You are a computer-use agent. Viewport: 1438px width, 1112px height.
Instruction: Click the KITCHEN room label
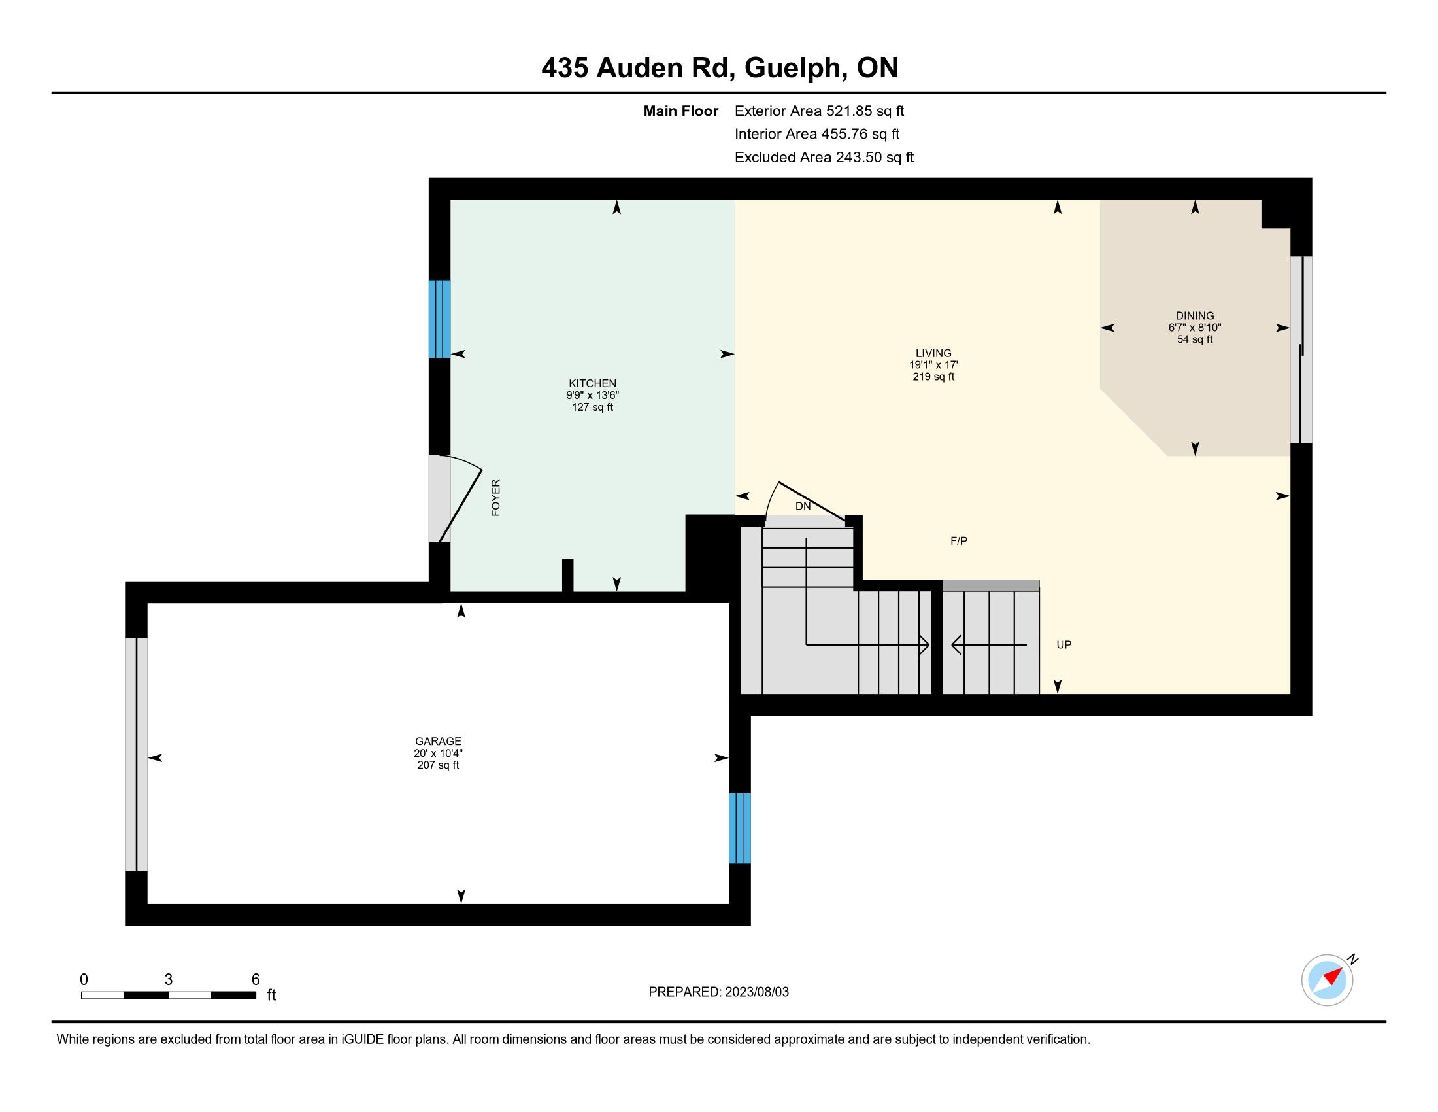[593, 383]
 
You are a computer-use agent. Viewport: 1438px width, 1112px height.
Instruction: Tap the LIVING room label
[933, 353]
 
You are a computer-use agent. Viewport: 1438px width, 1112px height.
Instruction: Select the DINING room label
[1195, 315]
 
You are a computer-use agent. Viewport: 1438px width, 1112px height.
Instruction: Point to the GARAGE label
[438, 741]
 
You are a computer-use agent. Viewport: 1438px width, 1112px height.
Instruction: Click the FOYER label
[496, 497]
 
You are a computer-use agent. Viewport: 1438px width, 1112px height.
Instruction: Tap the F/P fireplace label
[959, 541]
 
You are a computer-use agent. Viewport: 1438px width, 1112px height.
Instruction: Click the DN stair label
[803, 506]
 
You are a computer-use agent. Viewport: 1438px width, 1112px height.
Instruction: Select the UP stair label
[1064, 644]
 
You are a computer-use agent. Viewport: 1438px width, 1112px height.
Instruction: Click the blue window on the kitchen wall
[439, 319]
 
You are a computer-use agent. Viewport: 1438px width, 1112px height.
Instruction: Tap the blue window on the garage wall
[740, 828]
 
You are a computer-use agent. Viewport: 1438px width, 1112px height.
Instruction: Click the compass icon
[1328, 980]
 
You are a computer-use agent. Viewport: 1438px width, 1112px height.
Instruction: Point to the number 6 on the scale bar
[256, 979]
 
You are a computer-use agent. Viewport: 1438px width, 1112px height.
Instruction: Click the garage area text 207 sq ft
[438, 765]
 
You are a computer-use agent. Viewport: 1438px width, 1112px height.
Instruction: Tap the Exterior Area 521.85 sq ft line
[819, 111]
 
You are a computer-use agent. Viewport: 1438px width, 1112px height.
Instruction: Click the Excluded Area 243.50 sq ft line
[824, 157]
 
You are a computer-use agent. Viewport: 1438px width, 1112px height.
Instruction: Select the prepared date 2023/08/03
[756, 992]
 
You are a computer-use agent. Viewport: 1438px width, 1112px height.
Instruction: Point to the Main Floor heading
[681, 111]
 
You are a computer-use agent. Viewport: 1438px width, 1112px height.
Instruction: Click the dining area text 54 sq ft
[1195, 339]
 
